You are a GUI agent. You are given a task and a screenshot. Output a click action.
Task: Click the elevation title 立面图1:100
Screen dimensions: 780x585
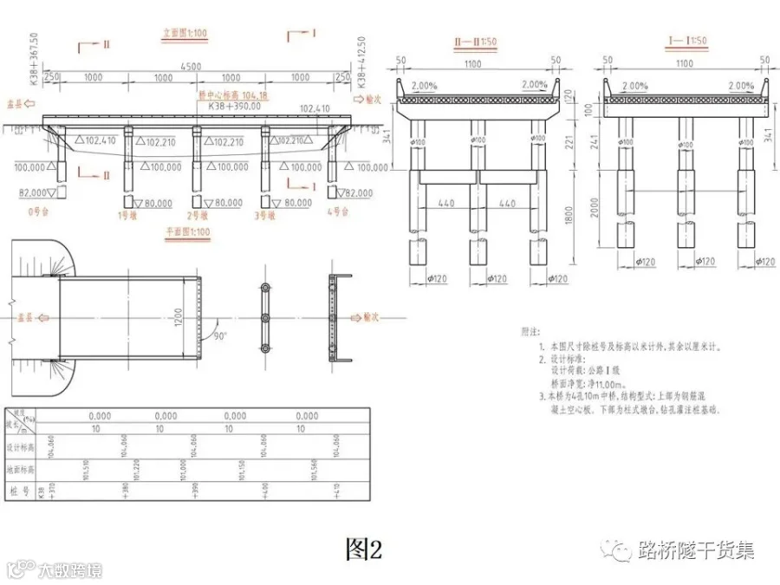click(184, 36)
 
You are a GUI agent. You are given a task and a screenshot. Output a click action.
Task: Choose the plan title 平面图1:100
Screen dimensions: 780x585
click(188, 232)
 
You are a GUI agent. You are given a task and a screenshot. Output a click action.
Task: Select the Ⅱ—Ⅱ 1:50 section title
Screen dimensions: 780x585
click(475, 41)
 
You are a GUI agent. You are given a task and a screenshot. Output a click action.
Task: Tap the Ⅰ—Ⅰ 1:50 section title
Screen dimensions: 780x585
click(686, 41)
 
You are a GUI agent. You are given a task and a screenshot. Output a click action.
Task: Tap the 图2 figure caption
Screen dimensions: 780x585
click(364, 548)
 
